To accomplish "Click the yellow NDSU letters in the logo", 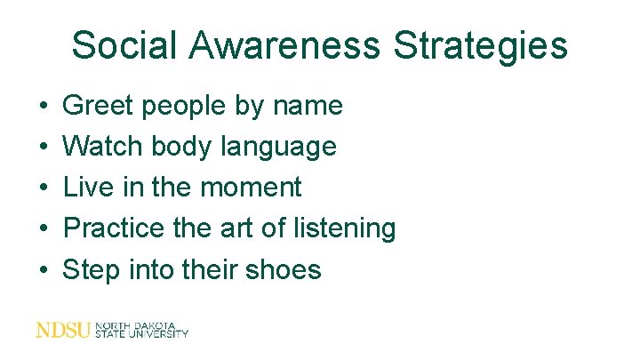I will (62, 331).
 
